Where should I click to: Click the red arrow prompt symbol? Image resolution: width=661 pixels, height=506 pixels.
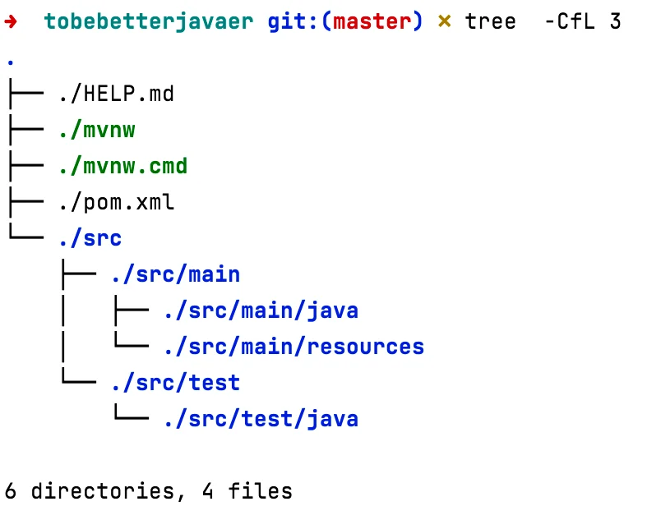click(x=11, y=21)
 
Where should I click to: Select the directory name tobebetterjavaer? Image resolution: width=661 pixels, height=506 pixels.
click(x=149, y=22)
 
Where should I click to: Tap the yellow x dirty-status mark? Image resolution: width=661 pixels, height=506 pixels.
click(x=444, y=21)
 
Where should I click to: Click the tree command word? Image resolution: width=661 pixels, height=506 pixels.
click(x=490, y=21)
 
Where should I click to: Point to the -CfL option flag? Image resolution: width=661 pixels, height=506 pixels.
click(x=570, y=21)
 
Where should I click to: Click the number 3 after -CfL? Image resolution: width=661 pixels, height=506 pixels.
click(x=615, y=21)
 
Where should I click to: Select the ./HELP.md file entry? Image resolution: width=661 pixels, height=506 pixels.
click(x=117, y=94)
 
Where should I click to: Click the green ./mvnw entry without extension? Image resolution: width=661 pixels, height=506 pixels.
click(x=97, y=130)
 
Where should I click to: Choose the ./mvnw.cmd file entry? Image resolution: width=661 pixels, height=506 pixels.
click(x=123, y=166)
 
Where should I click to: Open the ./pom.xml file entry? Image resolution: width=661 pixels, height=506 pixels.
click(x=117, y=202)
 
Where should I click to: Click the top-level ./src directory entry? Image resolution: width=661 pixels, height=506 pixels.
click(x=90, y=238)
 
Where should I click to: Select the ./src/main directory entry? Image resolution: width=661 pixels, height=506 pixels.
click(x=176, y=274)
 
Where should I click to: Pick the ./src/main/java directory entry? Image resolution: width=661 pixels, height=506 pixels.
click(x=261, y=311)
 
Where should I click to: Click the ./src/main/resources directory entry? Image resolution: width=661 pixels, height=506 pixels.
click(x=294, y=347)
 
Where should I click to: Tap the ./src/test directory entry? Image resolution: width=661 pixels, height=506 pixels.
click(x=176, y=383)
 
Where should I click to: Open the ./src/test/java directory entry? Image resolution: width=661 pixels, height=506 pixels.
click(x=261, y=419)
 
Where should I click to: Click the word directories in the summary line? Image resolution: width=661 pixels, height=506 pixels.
click(x=103, y=491)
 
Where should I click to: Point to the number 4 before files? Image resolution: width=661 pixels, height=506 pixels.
click(x=207, y=491)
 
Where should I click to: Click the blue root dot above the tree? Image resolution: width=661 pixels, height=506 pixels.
click(x=11, y=63)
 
